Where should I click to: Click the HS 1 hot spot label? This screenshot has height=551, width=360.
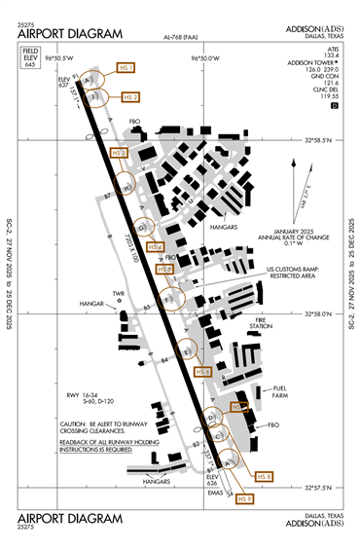(x=126, y=67)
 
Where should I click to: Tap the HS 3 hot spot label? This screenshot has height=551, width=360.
(x=119, y=154)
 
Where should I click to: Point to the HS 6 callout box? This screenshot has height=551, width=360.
(x=202, y=372)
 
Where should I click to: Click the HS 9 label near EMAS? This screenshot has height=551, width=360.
(x=244, y=498)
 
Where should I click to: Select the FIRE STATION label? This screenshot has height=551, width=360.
(x=261, y=324)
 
